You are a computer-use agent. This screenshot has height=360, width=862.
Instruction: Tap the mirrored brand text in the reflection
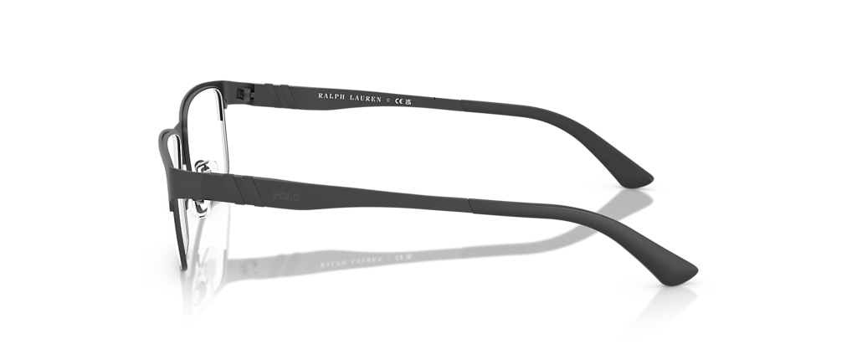(x=351, y=263)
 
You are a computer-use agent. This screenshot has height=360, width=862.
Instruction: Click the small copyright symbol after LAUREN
(x=387, y=100)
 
